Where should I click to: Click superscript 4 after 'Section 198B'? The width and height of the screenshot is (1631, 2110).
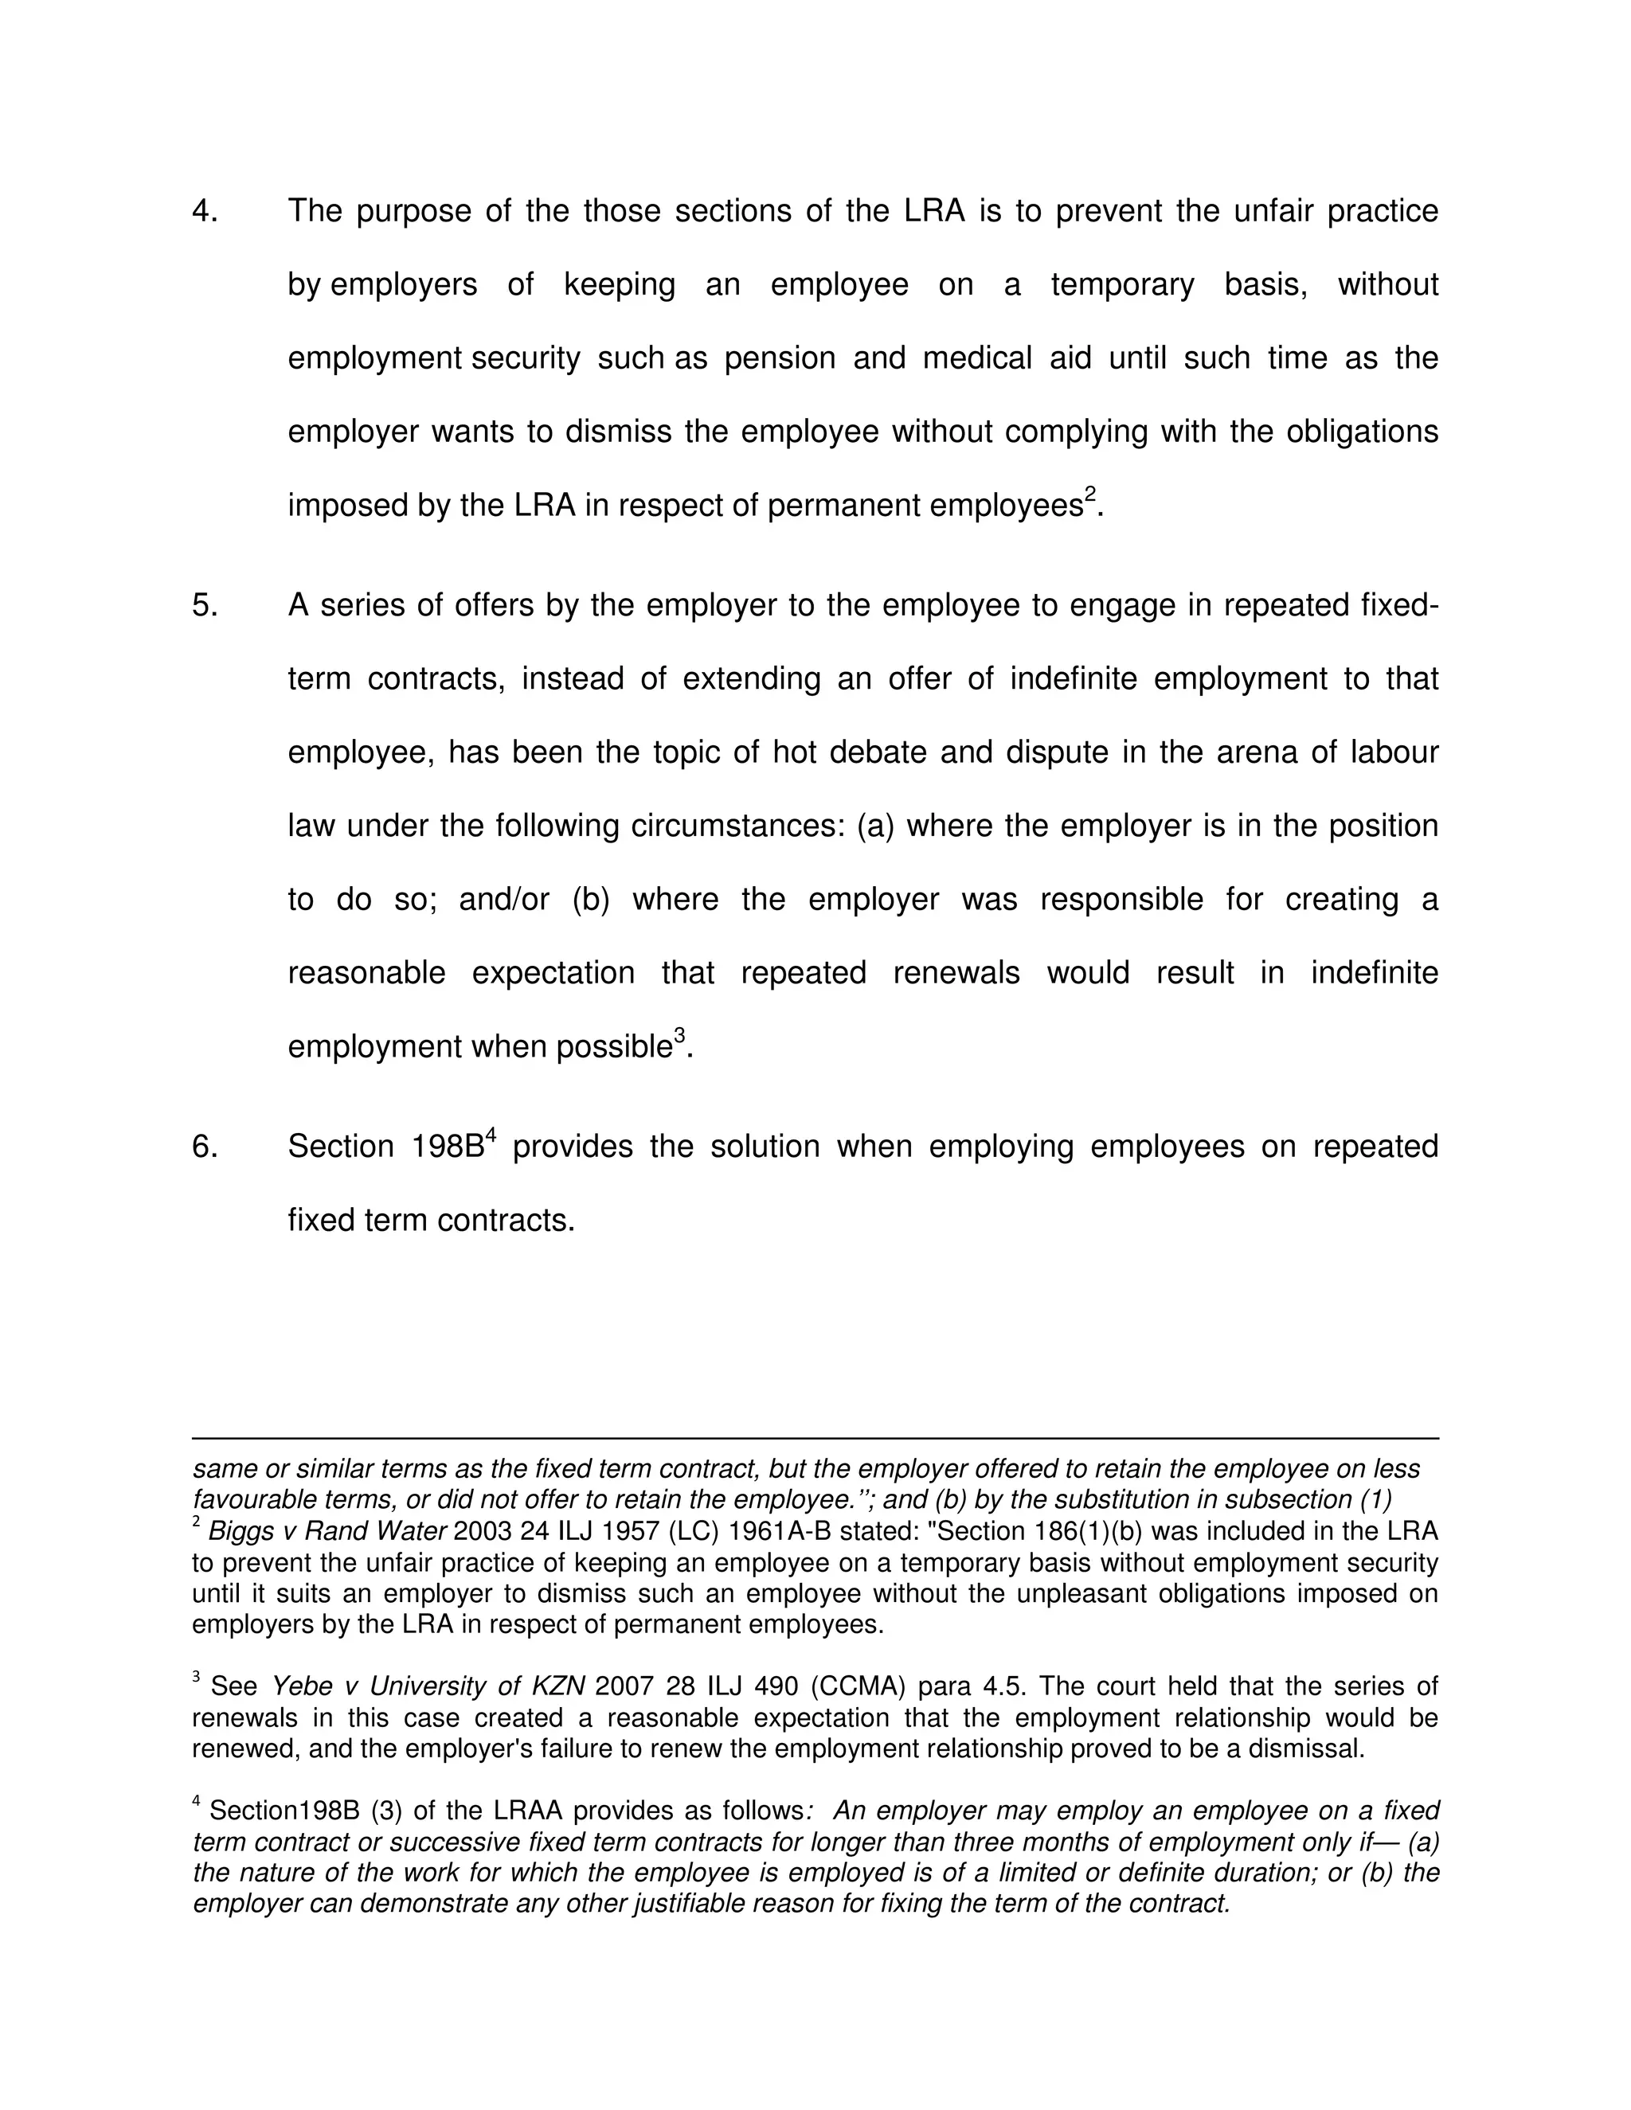(x=490, y=1135)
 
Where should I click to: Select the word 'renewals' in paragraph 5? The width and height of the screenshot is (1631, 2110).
(x=956, y=973)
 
